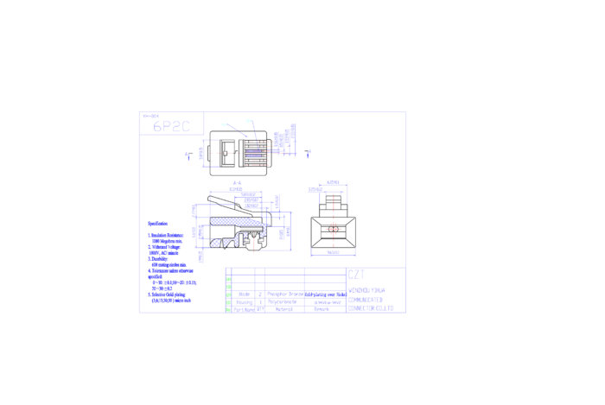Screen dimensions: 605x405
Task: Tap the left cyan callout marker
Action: coord(224,124)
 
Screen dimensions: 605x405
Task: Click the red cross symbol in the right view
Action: coord(334,229)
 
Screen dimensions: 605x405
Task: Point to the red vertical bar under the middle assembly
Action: coord(253,244)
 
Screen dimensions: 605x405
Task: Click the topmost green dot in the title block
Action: coord(228,279)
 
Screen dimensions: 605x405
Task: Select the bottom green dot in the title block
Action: coord(228,309)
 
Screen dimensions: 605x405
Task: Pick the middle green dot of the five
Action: coord(228,294)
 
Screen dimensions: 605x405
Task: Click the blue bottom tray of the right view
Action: coord(333,253)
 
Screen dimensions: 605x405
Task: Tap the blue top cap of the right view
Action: coord(333,183)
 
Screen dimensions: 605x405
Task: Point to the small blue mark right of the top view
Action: coord(309,154)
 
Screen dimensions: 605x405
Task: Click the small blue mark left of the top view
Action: coord(188,156)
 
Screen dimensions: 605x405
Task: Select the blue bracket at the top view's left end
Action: coord(204,153)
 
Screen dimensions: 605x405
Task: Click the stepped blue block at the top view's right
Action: coord(287,138)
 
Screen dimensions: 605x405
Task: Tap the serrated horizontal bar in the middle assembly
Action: coord(238,221)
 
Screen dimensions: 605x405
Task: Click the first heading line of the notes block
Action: coord(157,224)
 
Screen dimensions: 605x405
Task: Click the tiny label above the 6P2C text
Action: coord(150,115)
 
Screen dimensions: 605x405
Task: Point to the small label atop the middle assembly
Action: coord(236,184)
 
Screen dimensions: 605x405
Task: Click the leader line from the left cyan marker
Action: coord(237,130)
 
